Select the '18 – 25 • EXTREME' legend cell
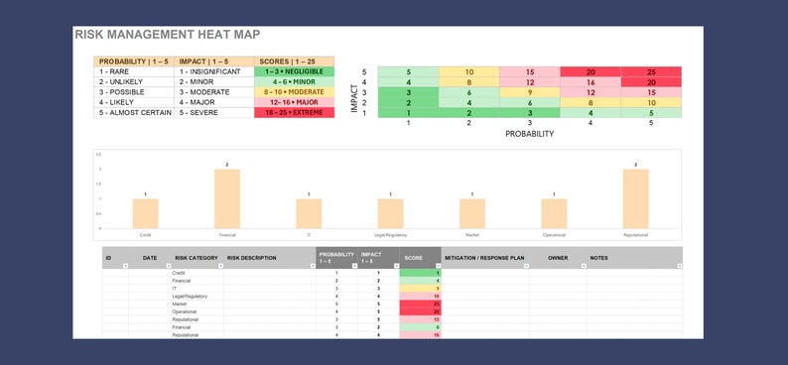coord(294,113)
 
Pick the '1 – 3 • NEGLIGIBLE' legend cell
coord(294,72)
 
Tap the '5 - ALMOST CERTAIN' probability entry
coord(133,113)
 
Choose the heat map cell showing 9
coord(531,92)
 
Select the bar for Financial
coord(227,199)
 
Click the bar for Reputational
coord(635,199)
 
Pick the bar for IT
coord(309,213)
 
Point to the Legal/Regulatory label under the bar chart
coord(390,235)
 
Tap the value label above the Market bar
coord(472,194)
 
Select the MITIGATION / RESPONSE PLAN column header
coord(484,258)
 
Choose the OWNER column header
coord(557,258)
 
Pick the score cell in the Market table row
coord(420,304)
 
